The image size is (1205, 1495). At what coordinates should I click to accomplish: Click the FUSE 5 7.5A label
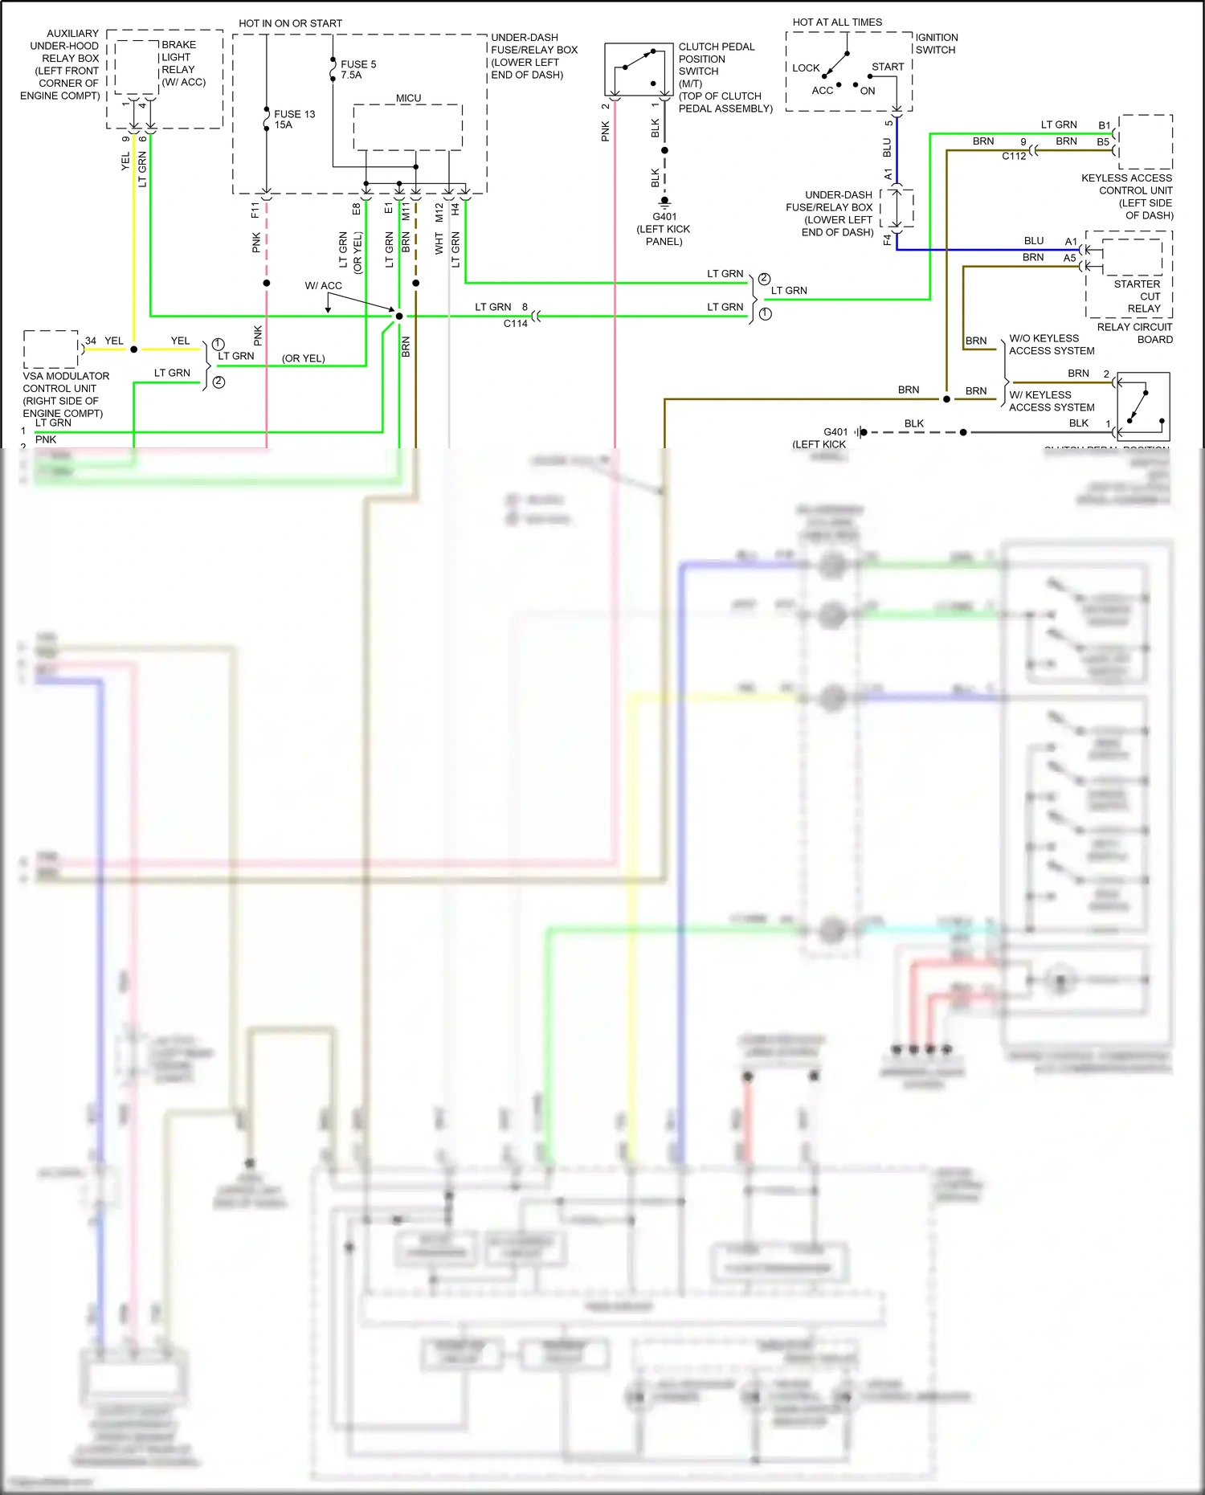pyautogui.click(x=357, y=69)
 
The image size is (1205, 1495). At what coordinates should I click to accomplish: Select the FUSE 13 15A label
pyautogui.click(x=294, y=119)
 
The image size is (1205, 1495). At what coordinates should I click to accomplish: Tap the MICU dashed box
pyautogui.click(x=407, y=126)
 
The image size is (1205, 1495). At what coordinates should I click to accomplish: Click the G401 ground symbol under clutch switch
pyautogui.click(x=664, y=201)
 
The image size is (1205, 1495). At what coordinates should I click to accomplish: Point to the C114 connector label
pyautogui.click(x=516, y=324)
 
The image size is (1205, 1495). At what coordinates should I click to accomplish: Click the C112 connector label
pyautogui.click(x=1014, y=156)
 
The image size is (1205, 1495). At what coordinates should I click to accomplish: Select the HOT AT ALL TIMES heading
pyautogui.click(x=837, y=22)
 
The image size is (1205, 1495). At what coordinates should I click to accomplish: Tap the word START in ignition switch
pyautogui.click(x=888, y=67)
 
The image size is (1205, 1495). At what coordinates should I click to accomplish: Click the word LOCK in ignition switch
pyautogui.click(x=806, y=68)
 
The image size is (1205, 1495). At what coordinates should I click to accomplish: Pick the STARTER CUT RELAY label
pyautogui.click(x=1137, y=296)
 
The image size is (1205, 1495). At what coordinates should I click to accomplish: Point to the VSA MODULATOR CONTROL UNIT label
pyautogui.click(x=64, y=394)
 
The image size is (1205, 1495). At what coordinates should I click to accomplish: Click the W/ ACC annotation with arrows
pyautogui.click(x=323, y=285)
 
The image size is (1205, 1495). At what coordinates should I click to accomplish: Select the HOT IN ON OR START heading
pyautogui.click(x=290, y=23)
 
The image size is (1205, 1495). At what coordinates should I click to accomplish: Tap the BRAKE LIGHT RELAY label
pyautogui.click(x=183, y=63)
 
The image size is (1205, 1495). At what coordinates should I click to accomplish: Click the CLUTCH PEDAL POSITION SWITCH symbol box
pyautogui.click(x=639, y=70)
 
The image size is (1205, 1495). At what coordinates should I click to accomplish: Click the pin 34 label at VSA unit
pyautogui.click(x=91, y=341)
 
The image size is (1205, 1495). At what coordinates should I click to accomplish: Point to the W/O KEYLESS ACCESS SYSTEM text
pyautogui.click(x=1051, y=345)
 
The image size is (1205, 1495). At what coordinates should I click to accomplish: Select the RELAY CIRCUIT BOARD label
pyautogui.click(x=1134, y=333)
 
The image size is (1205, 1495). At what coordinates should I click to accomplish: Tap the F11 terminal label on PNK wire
pyautogui.click(x=255, y=210)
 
